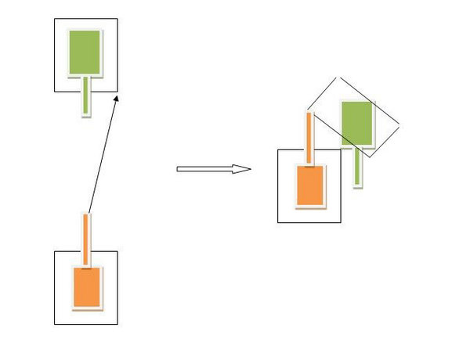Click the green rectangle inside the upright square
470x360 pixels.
85,52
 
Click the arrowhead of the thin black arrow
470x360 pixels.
117,96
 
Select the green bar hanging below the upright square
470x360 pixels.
85,96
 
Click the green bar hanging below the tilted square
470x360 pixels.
357,166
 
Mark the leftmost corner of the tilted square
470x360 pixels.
306,110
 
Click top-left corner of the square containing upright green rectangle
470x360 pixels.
54,19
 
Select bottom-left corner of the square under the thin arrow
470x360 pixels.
54,324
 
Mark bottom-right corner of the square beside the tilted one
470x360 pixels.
341,223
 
